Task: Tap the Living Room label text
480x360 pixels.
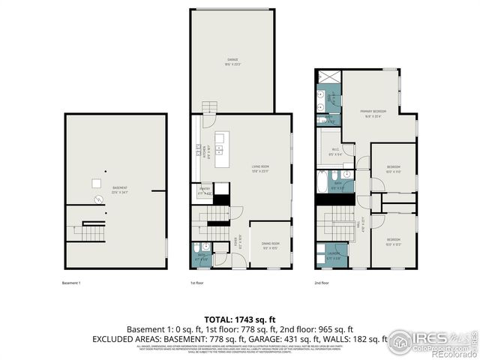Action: [260, 167]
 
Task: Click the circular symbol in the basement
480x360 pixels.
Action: [96, 199]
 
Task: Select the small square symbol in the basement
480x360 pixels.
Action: [97, 183]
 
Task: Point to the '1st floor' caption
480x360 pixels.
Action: [197, 283]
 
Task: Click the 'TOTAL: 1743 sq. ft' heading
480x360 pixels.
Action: [240, 319]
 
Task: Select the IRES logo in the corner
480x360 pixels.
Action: [431, 340]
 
